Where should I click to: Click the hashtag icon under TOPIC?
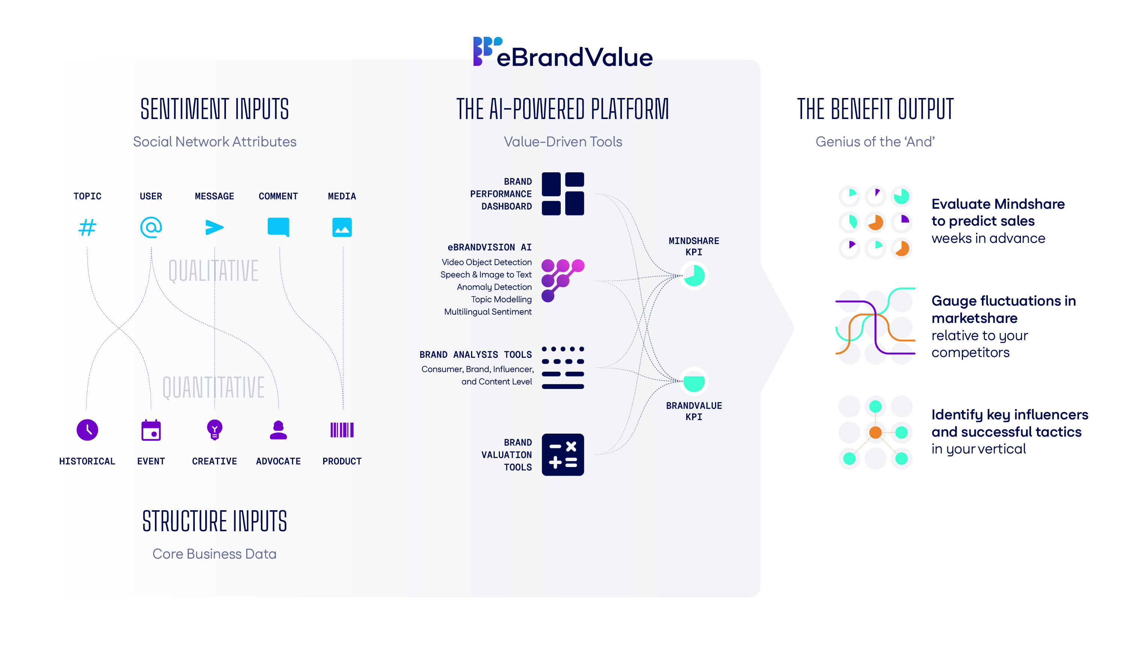point(87,228)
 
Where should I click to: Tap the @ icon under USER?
point(151,228)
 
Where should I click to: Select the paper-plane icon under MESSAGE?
point(214,228)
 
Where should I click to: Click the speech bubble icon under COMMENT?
point(278,227)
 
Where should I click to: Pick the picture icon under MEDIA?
point(342,228)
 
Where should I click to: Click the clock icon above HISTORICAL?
point(87,430)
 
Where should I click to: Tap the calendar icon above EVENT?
point(151,430)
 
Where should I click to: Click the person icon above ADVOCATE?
point(278,430)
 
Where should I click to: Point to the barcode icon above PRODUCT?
point(342,430)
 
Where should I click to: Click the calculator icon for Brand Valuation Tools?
point(563,455)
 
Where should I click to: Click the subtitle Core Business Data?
point(214,554)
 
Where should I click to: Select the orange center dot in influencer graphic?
point(875,432)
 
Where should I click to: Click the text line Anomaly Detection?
point(494,287)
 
